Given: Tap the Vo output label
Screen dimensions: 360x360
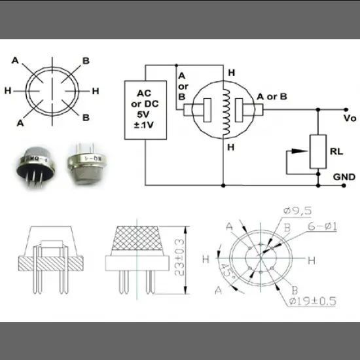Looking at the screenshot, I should click(349, 118).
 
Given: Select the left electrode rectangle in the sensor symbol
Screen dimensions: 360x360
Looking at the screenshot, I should click(207, 108).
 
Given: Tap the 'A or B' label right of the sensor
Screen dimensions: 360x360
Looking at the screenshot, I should click(272, 96).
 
